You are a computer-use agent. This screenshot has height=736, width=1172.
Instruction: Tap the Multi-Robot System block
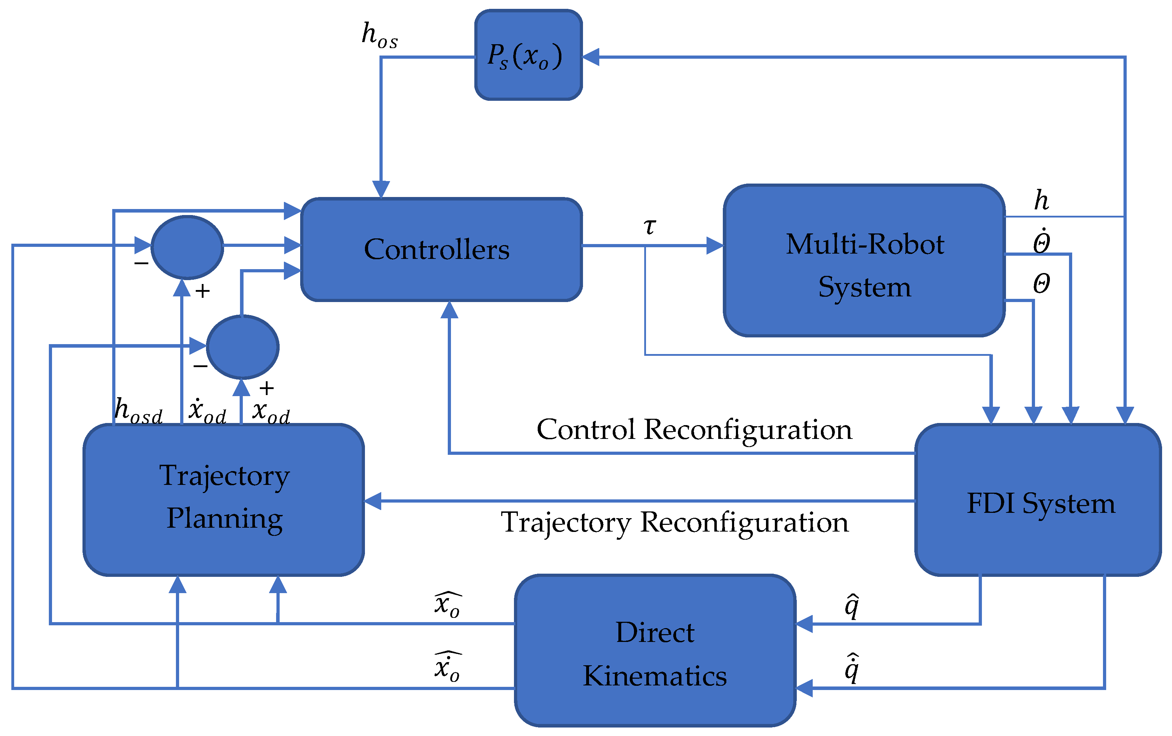pyautogui.click(x=864, y=261)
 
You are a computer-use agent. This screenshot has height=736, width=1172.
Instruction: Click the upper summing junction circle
pyautogui.click(x=187, y=247)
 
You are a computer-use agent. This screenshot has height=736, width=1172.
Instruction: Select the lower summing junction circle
pyautogui.click(x=242, y=347)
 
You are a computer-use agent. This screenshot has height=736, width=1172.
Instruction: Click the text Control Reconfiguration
pyautogui.click(x=694, y=429)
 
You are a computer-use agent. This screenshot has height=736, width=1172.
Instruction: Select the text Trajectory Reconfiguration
pyautogui.click(x=675, y=522)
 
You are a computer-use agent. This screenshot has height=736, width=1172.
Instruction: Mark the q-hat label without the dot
pyautogui.click(x=851, y=605)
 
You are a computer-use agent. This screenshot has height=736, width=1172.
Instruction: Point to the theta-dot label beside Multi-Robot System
pyautogui.click(x=1041, y=241)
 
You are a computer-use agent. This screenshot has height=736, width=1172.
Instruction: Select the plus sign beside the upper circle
pyautogui.click(x=202, y=291)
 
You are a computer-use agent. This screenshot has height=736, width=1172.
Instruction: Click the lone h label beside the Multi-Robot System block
pyautogui.click(x=1041, y=200)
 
